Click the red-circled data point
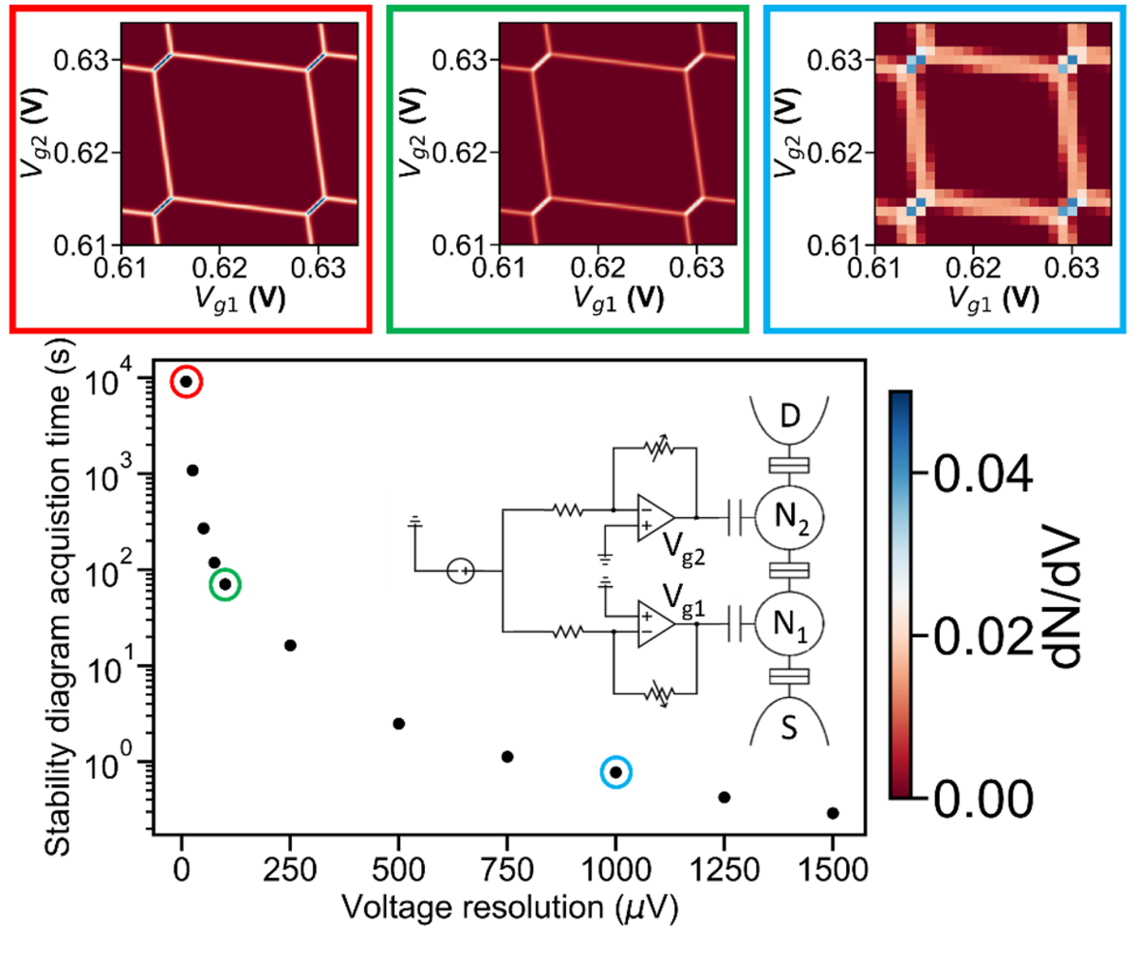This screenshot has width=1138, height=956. (x=187, y=381)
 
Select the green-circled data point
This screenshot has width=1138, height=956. (x=225, y=584)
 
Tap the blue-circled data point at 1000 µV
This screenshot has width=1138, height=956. (x=615, y=772)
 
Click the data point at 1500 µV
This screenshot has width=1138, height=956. (x=833, y=813)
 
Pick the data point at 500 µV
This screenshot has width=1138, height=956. (x=398, y=724)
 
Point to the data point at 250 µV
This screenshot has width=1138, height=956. (x=290, y=645)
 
